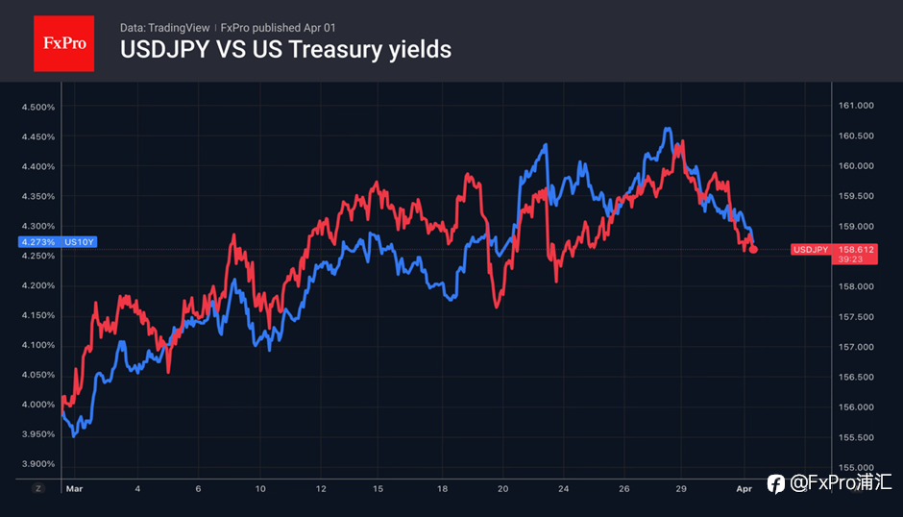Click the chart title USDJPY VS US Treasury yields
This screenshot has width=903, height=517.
pos(285,49)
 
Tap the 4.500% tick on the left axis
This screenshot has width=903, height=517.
pos(38,107)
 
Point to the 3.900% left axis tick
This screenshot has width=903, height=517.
pos(38,464)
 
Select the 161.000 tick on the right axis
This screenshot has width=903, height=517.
pos(856,106)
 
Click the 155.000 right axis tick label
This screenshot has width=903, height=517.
pos(856,467)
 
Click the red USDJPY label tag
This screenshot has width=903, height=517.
pos(810,250)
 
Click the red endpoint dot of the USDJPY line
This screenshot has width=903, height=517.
pos(753,250)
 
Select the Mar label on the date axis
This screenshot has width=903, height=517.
pos(74,488)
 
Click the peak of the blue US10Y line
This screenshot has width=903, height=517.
pos(668,129)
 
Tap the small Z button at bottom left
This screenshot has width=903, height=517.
pos(38,488)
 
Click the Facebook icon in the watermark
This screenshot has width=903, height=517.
pos(775,484)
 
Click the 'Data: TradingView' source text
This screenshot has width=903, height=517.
pos(165,28)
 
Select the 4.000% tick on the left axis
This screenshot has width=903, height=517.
pos(38,405)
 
